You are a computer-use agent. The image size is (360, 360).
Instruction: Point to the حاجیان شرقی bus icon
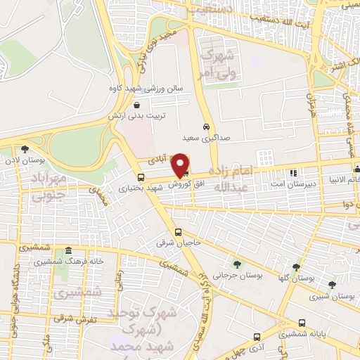click(x=178, y=233)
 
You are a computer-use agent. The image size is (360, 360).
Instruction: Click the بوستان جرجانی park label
click(x=239, y=276)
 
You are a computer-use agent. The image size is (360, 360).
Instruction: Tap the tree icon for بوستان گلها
click(x=297, y=267)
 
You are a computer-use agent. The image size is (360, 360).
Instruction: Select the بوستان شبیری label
click(x=332, y=296)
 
